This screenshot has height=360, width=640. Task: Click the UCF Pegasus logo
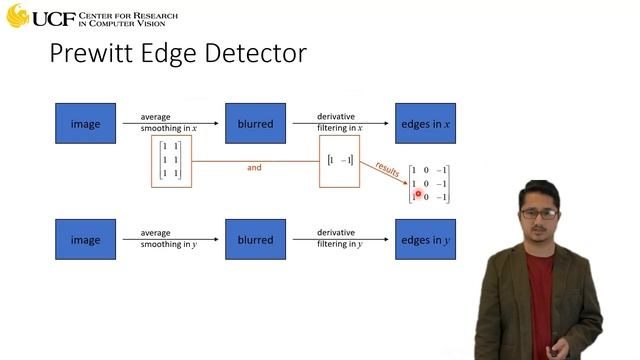[x=18, y=15]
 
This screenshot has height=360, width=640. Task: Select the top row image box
[x=85, y=124]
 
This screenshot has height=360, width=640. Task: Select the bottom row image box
[x=85, y=240]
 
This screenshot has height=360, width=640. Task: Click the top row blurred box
[x=255, y=124]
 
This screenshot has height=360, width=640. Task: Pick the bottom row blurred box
[x=255, y=240]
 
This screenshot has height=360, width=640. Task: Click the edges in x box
[x=425, y=124]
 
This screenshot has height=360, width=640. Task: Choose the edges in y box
[x=425, y=240]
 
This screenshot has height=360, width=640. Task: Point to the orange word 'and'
[x=254, y=167]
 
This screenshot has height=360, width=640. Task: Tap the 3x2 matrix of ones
[x=171, y=160]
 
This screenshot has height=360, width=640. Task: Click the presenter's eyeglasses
[x=538, y=212]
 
